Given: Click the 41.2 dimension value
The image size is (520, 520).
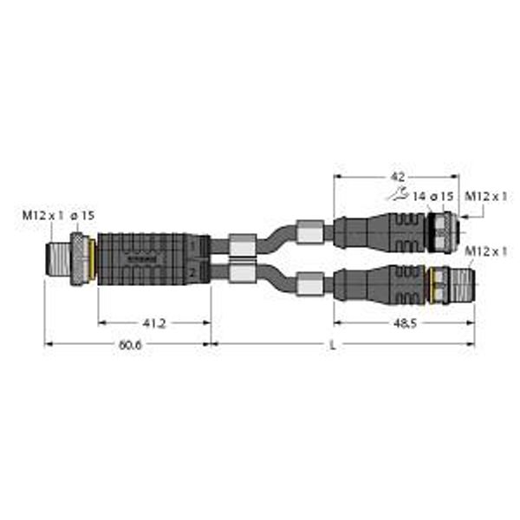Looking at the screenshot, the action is coord(154,323).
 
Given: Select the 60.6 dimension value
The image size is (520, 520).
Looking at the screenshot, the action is coord(130,345).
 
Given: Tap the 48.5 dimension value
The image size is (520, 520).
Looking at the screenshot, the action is coord(405,323).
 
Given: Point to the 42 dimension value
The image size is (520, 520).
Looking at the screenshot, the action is coord(398,177).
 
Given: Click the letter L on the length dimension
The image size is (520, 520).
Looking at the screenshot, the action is coord(333,345).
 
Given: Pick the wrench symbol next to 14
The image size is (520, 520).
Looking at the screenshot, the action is coord(399,194).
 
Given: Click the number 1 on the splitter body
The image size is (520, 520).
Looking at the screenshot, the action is coord(193,246).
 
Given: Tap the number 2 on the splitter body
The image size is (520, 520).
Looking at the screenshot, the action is coord(192,273).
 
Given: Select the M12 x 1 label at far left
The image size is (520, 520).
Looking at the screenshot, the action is coord(42,216).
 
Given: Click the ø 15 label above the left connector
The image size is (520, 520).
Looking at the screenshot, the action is coord(82,216).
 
